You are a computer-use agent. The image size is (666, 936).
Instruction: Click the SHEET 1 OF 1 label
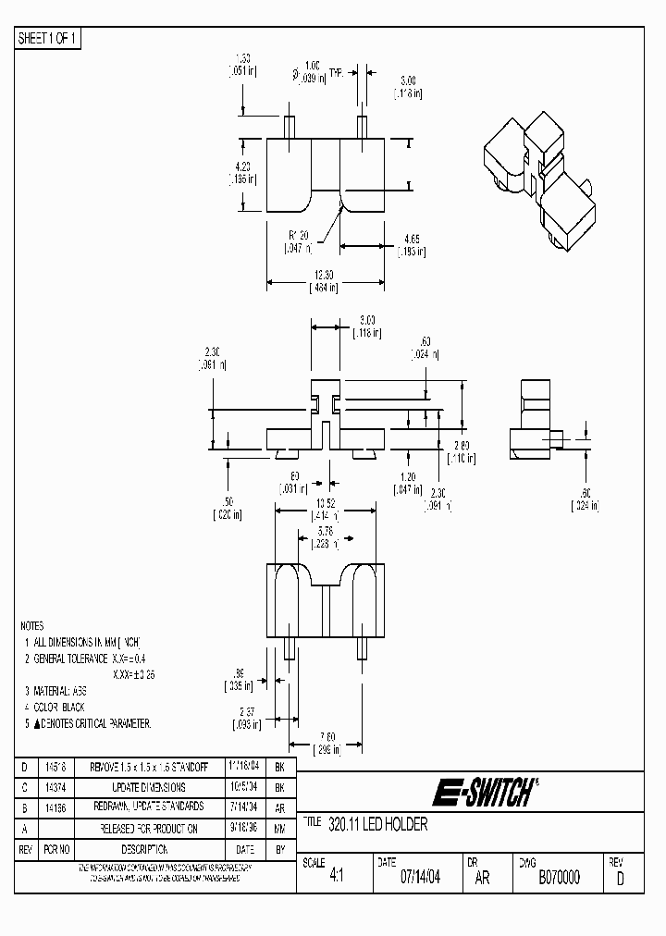coord(49,39)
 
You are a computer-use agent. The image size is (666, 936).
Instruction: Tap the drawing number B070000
coord(559,878)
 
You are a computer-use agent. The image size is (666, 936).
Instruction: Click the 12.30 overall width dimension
coord(323,276)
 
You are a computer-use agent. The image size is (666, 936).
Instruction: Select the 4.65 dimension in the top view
coord(411,239)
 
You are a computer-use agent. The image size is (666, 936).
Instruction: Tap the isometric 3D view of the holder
coord(537,180)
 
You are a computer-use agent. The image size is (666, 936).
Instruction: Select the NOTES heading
coord(32,626)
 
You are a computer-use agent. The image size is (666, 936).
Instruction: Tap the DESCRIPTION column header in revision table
coord(143,849)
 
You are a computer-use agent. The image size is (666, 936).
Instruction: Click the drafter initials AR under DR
coord(482,878)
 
